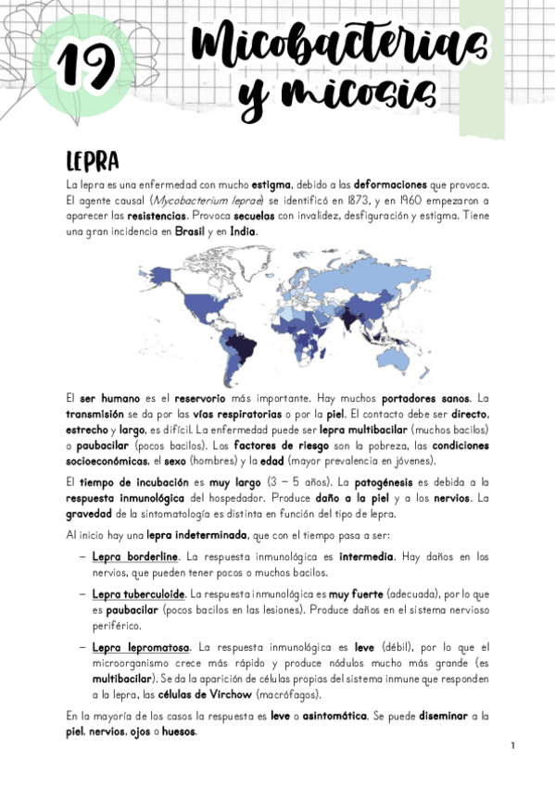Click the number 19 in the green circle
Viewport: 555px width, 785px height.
[x=84, y=63]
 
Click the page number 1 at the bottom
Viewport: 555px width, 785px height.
[x=511, y=746]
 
